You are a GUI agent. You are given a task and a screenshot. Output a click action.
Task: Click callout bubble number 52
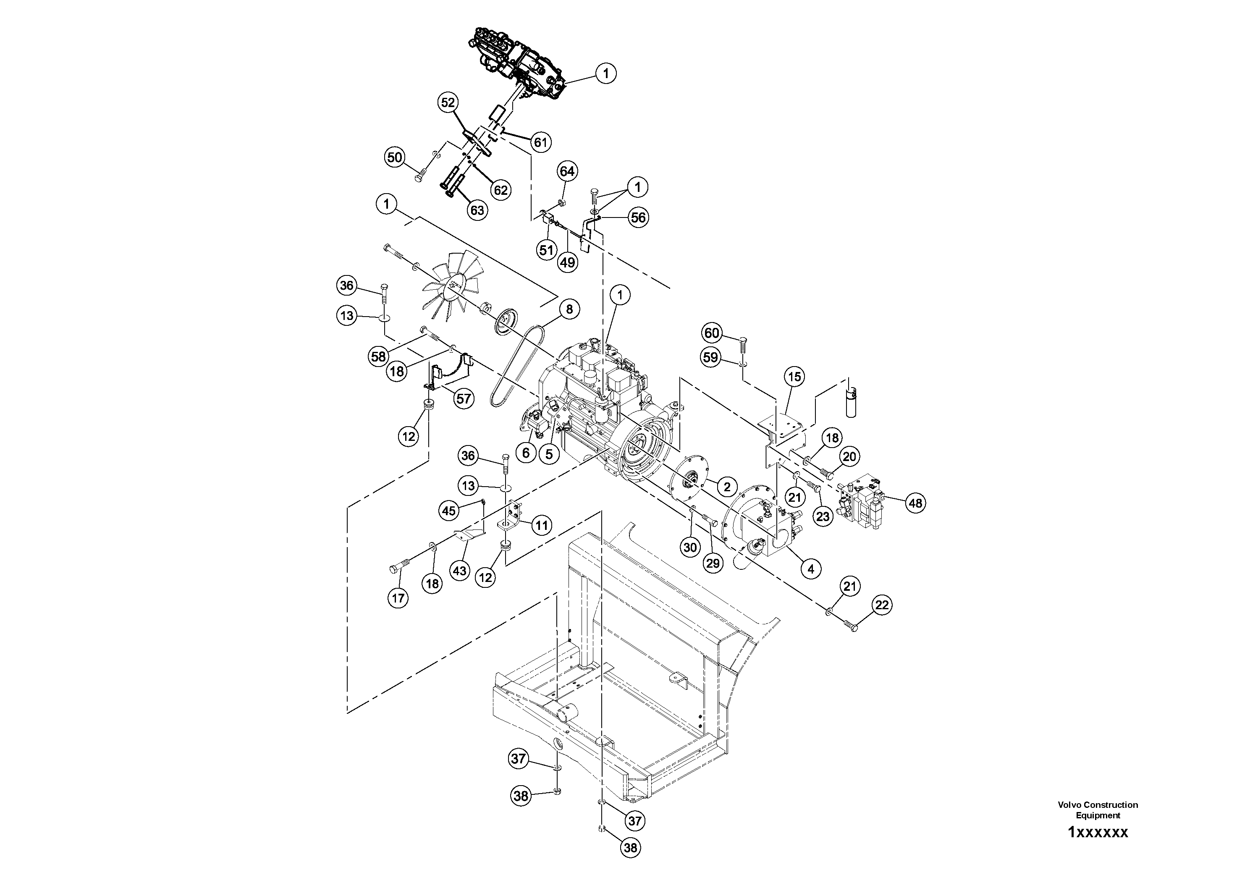pos(448,102)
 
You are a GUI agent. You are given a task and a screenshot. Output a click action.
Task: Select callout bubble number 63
pos(477,210)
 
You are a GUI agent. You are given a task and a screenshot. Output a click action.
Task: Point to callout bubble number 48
pos(915,503)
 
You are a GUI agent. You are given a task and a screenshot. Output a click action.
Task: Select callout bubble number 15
pos(794,377)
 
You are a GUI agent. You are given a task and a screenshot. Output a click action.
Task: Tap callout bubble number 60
pos(712,333)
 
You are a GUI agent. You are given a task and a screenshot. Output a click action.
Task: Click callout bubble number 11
pos(541,525)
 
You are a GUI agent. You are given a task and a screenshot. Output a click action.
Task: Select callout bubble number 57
pos(463,399)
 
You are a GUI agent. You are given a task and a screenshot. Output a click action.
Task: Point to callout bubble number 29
pos(713,563)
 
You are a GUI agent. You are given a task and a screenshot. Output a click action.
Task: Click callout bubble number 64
pos(567,171)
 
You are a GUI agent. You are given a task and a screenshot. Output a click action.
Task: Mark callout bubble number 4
pos(811,569)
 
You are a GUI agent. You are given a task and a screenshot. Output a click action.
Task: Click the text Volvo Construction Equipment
pos(1098,810)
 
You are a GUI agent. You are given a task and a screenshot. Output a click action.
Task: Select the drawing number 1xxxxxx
pos(1098,832)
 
